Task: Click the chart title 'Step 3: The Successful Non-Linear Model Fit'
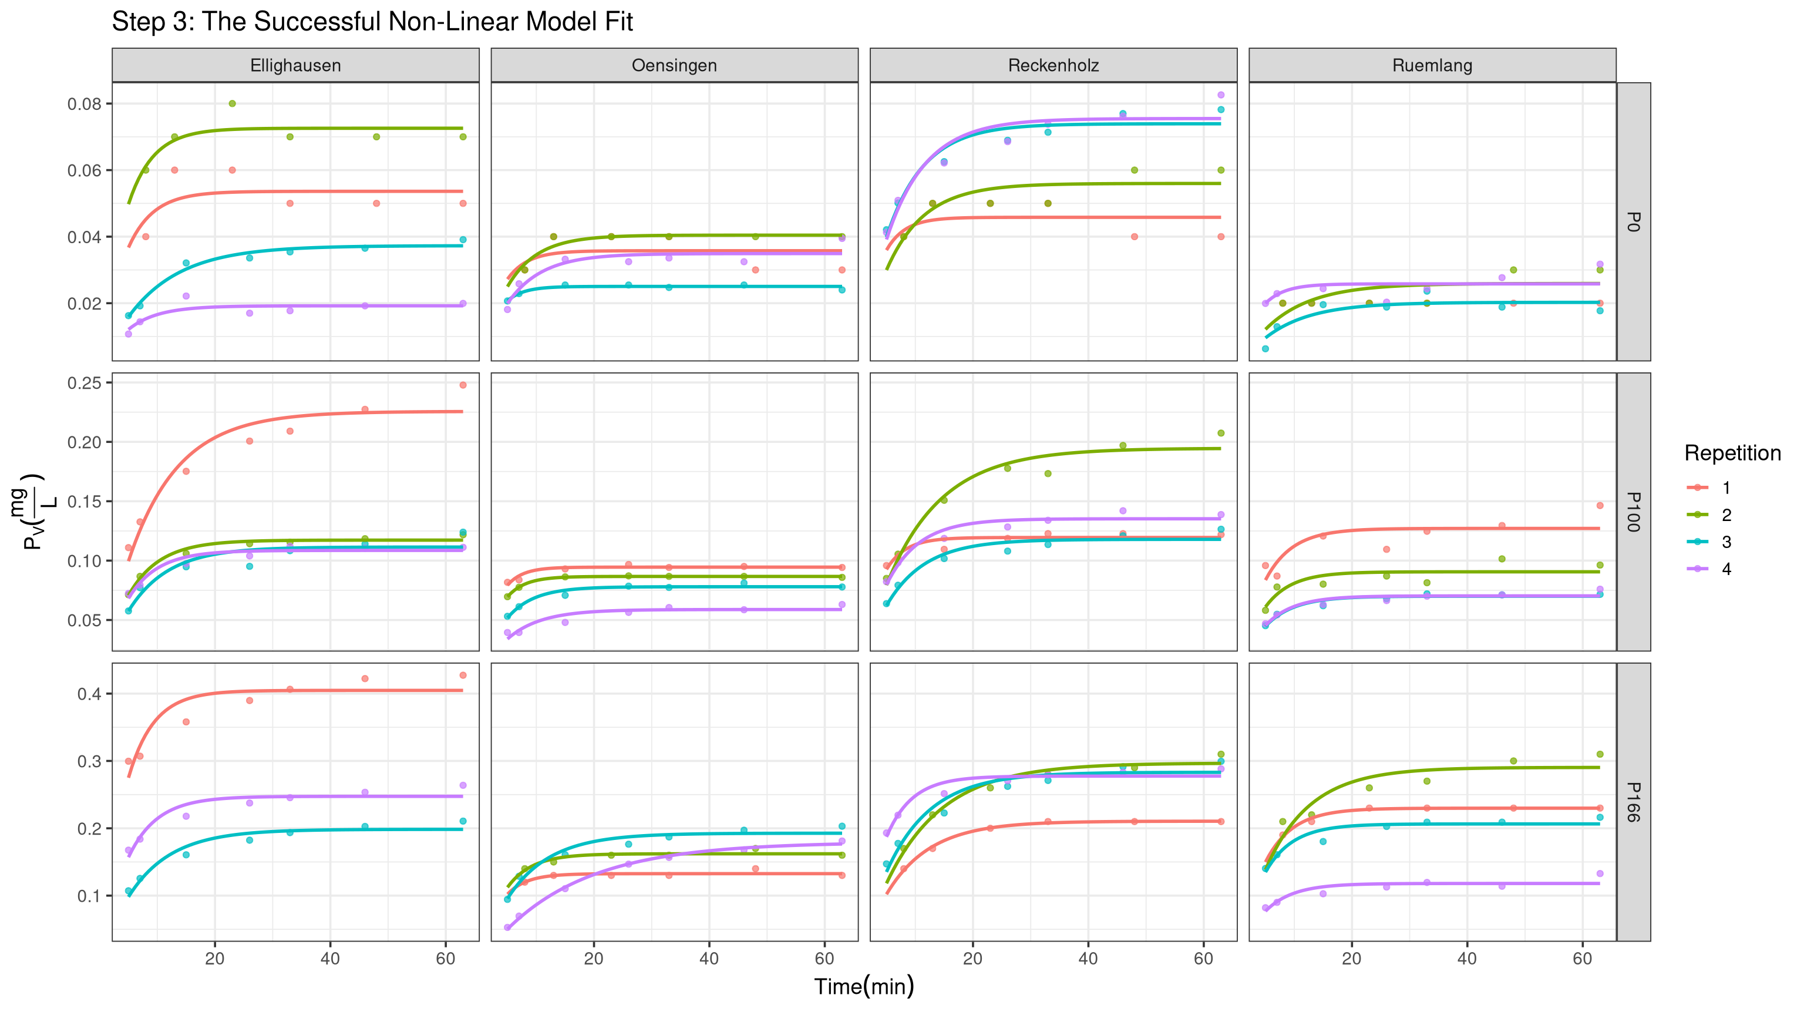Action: click(372, 22)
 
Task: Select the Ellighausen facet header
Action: click(295, 65)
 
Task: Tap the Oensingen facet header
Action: click(674, 65)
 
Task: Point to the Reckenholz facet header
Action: click(1054, 65)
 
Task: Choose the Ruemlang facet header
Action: click(1432, 65)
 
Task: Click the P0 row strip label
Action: click(1633, 221)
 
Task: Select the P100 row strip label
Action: click(1633, 512)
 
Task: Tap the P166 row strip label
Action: click(1633, 802)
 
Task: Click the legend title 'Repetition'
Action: click(1732, 453)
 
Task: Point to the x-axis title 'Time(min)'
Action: click(864, 986)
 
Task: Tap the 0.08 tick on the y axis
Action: click(84, 103)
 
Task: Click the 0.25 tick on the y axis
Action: click(84, 383)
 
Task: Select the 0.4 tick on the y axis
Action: click(88, 694)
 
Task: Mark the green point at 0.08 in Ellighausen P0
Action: click(233, 103)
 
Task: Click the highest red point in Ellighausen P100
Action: click(463, 385)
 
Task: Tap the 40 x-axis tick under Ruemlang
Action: click(1466, 957)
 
